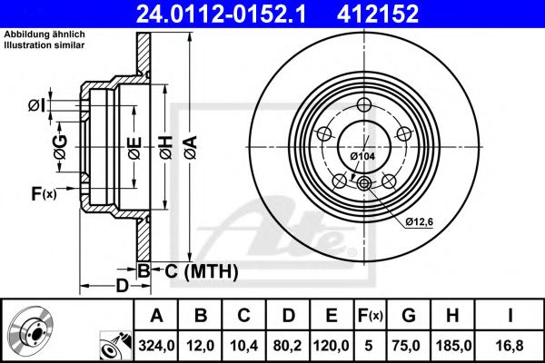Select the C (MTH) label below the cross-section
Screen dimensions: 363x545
[201, 270]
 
